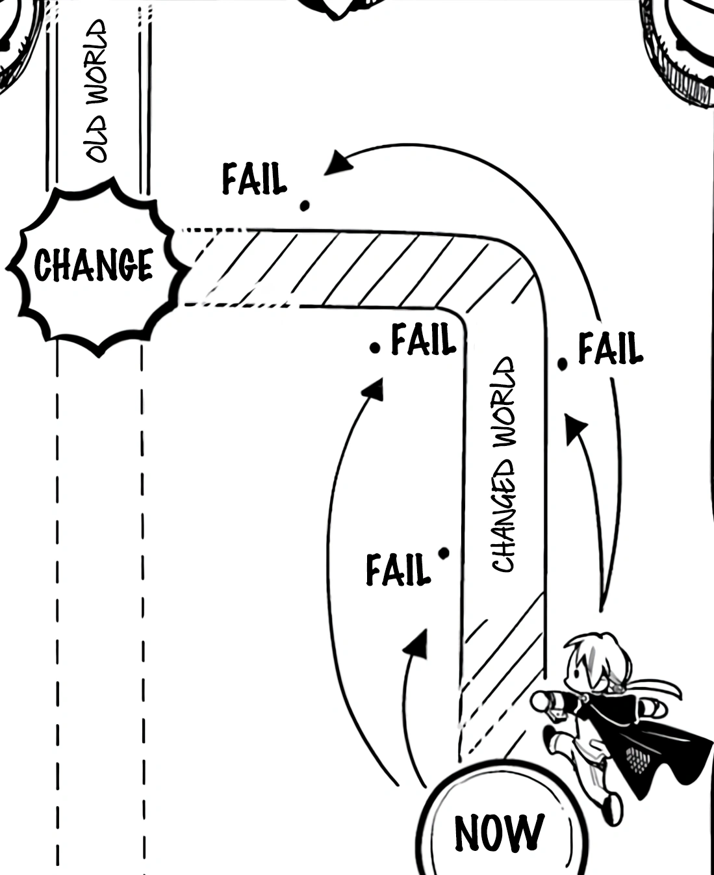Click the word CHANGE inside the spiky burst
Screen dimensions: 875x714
pos(94,265)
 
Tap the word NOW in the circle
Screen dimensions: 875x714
pos(498,833)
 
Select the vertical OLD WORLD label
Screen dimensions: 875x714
pos(96,91)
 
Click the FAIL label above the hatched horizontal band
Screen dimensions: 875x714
pos(254,179)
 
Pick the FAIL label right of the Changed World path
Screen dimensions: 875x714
pos(610,349)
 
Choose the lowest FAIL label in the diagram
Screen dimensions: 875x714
pos(398,569)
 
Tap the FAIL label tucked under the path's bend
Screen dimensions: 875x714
pos(423,340)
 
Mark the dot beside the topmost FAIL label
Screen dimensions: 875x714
pos(304,206)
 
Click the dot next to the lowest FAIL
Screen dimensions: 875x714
pos(444,553)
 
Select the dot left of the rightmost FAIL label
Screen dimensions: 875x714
pos(563,364)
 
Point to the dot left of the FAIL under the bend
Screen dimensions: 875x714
pos(374,348)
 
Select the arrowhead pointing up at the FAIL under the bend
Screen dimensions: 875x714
pos(372,389)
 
